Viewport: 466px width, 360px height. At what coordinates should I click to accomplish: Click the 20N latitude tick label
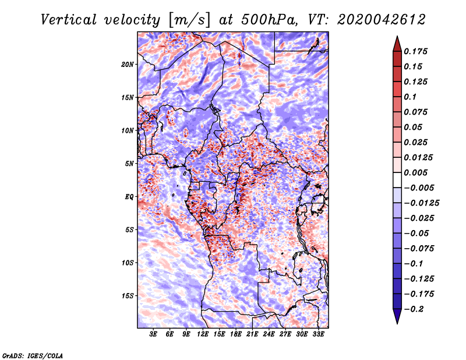point(128,64)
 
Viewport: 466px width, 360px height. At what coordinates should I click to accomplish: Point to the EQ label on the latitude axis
point(129,197)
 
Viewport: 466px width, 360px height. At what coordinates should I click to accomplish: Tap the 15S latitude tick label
point(128,296)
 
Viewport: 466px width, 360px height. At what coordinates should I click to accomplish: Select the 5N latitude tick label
point(129,164)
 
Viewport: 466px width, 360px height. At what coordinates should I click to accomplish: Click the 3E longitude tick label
point(154,335)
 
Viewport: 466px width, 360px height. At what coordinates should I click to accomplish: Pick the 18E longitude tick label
point(236,335)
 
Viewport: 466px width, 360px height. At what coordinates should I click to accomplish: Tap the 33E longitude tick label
point(318,335)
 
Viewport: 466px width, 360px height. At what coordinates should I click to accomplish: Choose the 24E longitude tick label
point(269,335)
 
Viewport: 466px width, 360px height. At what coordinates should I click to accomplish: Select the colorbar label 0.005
point(418,172)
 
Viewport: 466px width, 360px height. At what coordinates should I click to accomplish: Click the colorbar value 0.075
point(418,112)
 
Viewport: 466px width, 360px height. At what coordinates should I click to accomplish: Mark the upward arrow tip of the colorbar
point(396,37)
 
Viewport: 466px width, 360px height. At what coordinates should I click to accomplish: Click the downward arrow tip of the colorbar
point(396,322)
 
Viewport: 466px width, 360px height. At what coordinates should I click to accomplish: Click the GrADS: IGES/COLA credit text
point(33,355)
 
